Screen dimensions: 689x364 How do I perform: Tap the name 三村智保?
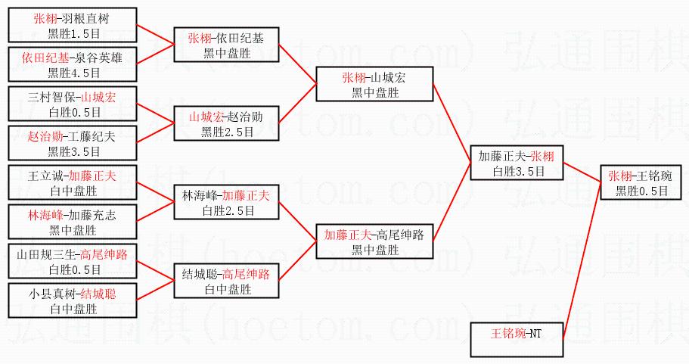pyautogui.click(x=51, y=97)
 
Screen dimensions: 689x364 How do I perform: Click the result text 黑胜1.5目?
pyautogui.click(x=73, y=33)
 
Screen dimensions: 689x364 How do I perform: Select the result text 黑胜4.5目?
pyautogui.click(x=73, y=73)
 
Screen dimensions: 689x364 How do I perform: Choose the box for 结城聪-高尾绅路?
pyautogui.click(x=225, y=281)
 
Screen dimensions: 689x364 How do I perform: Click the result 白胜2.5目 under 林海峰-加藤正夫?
pyautogui.click(x=225, y=210)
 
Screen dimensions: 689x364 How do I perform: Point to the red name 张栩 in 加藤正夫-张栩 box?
pyautogui.click(x=542, y=157)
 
